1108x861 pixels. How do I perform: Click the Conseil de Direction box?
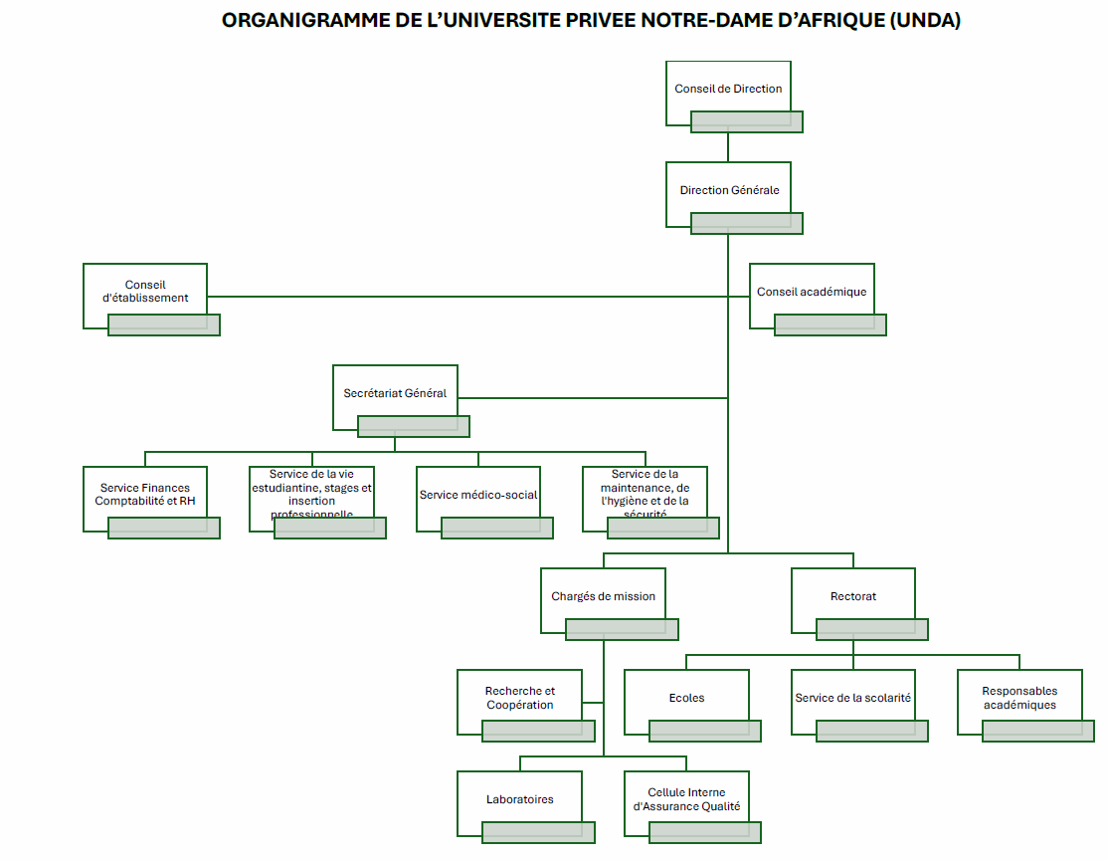pos(728,90)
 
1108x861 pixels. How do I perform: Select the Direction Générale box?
pos(728,190)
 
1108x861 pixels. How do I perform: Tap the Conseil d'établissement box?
pos(145,292)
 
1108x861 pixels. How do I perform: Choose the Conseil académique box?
pos(811,292)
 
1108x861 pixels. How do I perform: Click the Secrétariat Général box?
pos(395,393)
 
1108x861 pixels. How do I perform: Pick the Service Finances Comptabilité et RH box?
pos(145,495)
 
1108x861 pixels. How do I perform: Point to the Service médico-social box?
pos(478,495)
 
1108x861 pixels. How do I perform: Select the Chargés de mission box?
pos(603,596)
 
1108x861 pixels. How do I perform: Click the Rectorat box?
pos(852,596)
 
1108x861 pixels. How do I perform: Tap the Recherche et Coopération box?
pos(519,698)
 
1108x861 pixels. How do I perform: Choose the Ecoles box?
pos(686,698)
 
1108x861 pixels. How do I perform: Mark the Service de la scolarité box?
pos(852,698)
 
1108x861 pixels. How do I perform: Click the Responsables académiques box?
pos(1018,698)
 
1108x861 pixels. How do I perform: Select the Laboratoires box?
pos(519,799)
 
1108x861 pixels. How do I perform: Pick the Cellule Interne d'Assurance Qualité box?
pos(686,799)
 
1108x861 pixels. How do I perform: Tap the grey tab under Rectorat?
pos(872,629)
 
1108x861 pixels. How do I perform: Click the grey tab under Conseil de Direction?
pos(747,121)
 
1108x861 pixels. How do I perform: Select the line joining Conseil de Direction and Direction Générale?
pos(728,146)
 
